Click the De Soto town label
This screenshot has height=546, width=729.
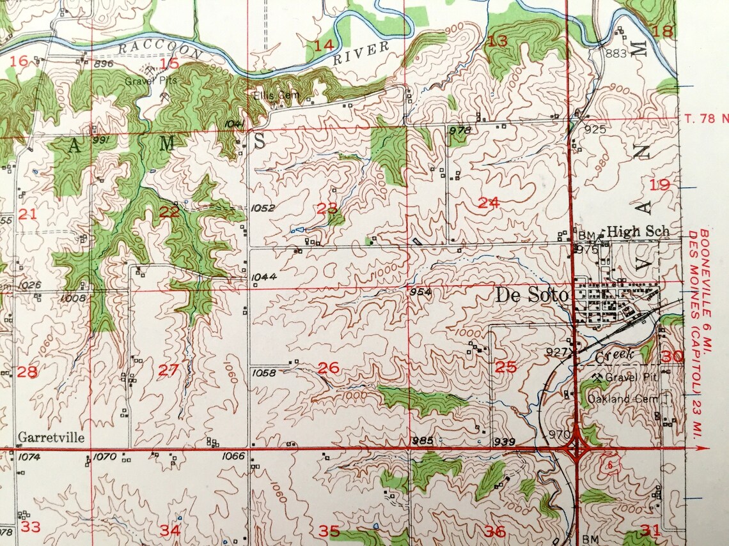tap(531, 296)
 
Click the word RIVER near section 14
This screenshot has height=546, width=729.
tap(361, 53)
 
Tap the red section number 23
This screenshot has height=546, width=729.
tap(327, 208)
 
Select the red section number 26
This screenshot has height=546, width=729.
tap(328, 368)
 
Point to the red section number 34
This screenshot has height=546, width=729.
tap(169, 530)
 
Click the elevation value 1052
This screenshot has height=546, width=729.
tap(263, 208)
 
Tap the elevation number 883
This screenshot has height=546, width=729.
tap(615, 54)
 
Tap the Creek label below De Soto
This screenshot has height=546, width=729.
tap(615, 354)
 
